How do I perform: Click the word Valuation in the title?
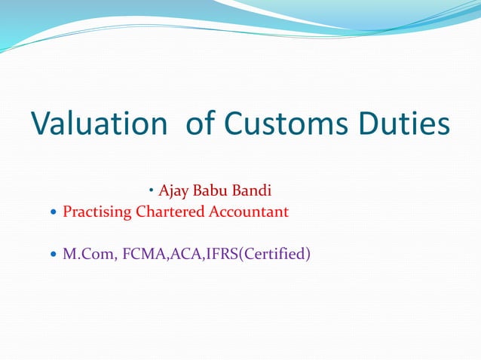[98, 124]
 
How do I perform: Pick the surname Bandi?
[253, 188]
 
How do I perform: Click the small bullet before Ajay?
[152, 187]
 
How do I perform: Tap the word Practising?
[97, 212]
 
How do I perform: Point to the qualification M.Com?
[83, 255]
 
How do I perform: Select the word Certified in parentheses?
[271, 255]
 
